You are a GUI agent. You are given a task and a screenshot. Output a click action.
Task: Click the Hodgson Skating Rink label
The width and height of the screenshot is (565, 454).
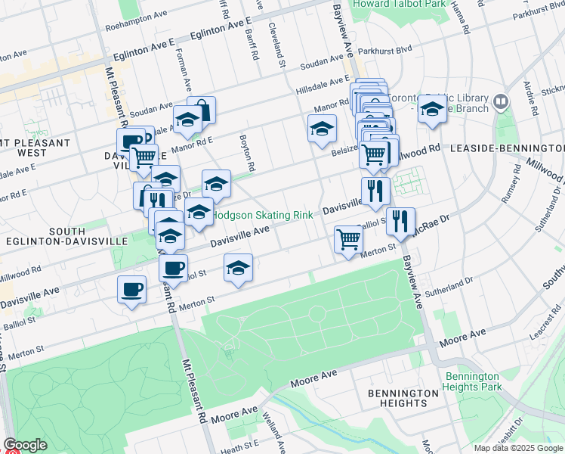tap(262, 216)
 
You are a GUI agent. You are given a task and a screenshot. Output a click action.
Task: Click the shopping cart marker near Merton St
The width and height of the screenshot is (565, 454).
tap(348, 240)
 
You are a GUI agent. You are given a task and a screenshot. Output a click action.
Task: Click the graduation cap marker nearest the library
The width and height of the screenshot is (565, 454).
tap(432, 110)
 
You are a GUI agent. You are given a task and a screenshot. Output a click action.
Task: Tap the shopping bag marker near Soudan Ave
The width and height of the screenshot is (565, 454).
tap(202, 110)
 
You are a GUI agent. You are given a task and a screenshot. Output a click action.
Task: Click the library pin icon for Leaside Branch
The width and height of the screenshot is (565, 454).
tap(500, 101)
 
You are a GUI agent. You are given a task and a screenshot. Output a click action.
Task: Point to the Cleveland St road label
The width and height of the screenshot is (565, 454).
tap(276, 44)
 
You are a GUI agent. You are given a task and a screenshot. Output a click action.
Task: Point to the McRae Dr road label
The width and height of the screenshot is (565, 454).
tap(434, 222)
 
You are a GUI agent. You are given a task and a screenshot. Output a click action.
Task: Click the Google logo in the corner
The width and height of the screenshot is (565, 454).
tap(25, 445)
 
